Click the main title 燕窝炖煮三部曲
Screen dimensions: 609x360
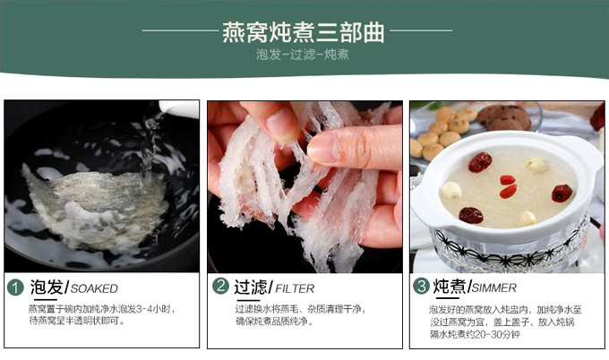304,32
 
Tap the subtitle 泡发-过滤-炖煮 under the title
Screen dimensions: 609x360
303,55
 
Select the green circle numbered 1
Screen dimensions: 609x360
15,287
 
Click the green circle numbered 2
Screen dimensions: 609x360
220,287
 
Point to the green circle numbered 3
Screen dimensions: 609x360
421,287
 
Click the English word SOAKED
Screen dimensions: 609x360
94,289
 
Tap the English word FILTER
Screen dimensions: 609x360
295,289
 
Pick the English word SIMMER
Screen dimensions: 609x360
494,288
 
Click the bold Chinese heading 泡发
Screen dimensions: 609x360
47,287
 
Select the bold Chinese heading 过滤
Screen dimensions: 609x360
251,287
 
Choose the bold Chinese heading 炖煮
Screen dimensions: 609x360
450,287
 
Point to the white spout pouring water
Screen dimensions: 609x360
178,108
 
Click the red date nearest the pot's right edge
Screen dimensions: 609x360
562,193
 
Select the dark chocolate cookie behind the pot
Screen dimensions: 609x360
503,117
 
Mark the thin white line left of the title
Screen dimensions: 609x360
181,30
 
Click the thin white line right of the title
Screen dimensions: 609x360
421,30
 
